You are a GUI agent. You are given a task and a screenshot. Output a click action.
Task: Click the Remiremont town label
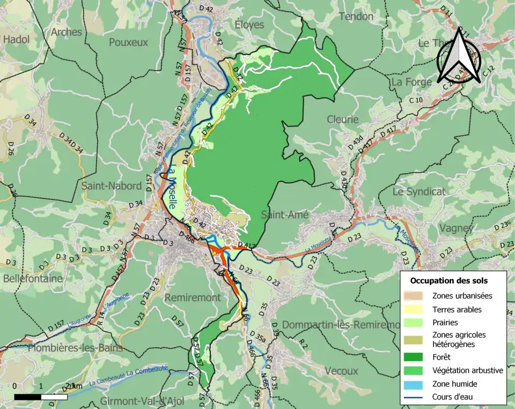192,298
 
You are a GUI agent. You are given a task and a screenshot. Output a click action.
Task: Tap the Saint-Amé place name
285,215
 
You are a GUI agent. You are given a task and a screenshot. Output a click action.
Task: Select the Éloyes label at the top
249,24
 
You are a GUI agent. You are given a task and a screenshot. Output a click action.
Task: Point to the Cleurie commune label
342,120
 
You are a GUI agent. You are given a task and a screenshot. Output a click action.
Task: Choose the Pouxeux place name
128,42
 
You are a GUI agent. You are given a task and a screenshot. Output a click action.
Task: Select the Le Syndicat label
418,191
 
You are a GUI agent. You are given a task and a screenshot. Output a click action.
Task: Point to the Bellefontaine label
33,279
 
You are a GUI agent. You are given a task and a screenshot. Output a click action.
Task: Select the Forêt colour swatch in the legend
417,356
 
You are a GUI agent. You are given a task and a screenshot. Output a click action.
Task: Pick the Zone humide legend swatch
417,384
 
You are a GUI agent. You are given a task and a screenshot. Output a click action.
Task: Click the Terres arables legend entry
457,309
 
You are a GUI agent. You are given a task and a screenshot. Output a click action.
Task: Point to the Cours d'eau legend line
417,397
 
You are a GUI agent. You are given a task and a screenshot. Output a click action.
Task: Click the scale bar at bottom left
41,397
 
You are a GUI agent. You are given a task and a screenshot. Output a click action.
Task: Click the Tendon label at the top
356,17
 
